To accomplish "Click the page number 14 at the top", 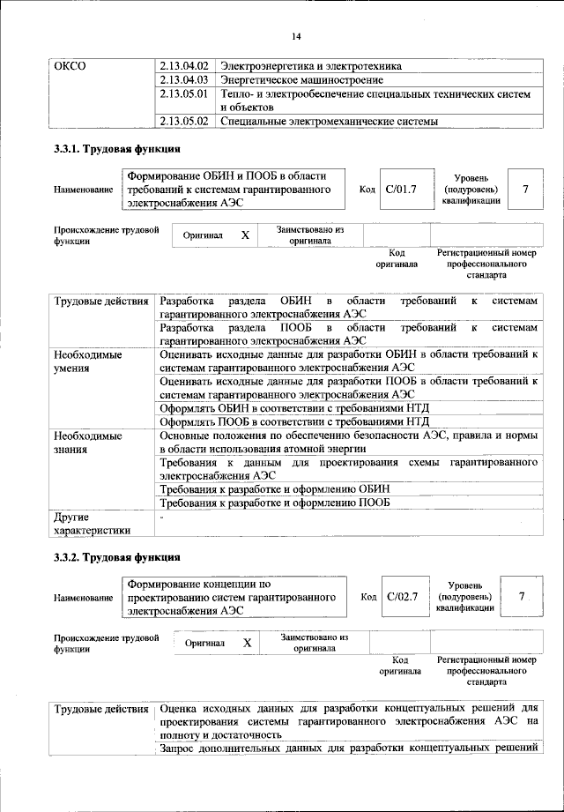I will [297, 36].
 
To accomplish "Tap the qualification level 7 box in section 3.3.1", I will [526, 189].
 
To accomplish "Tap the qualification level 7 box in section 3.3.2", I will [522, 598].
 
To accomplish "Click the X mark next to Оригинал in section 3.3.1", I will [245, 235].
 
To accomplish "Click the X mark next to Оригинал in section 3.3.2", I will [247, 644].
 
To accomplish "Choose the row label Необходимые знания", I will [87, 443].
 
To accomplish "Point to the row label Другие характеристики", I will [92, 523].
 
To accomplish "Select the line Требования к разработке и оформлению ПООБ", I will [275, 503].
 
